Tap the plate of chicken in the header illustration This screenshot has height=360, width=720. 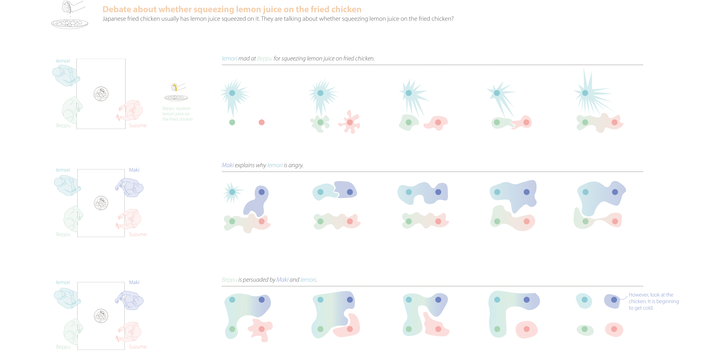[x=70, y=23]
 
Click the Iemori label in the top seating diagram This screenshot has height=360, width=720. [x=63, y=61]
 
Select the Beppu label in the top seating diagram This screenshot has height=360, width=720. [x=63, y=125]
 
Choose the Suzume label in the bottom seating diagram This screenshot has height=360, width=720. [x=138, y=347]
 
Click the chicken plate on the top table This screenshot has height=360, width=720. [x=101, y=94]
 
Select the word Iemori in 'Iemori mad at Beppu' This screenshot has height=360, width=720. [x=229, y=58]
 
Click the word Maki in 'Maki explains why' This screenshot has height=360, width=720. [x=228, y=165]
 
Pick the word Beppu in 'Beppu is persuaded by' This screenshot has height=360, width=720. [x=229, y=280]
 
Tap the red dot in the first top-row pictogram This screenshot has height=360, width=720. [x=262, y=122]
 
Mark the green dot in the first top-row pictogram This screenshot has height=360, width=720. [x=232, y=122]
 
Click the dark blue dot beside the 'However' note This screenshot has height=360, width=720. [x=614, y=300]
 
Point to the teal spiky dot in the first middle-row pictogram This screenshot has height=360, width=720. [x=232, y=192]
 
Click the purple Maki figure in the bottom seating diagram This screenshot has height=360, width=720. [x=130, y=301]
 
